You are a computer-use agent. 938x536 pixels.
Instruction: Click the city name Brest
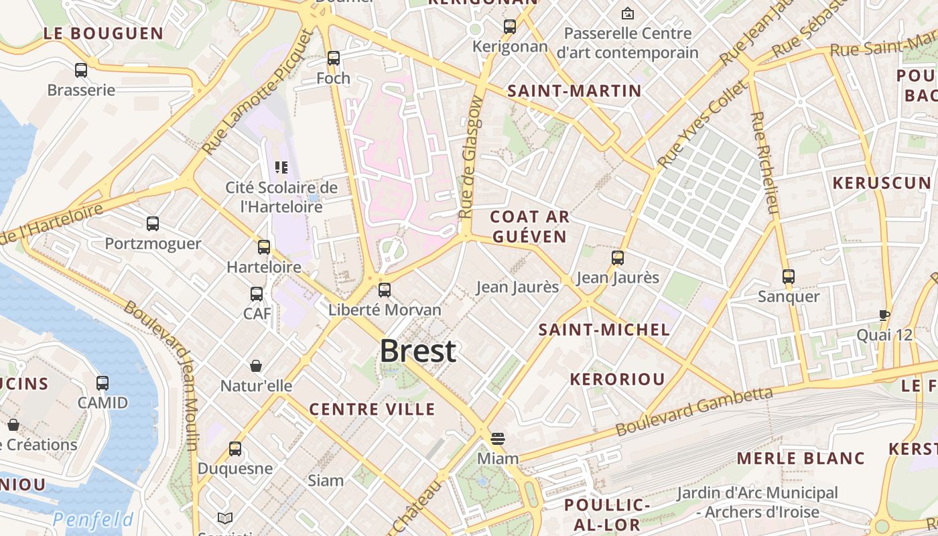pos(418,351)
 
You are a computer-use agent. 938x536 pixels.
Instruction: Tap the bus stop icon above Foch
pos(334,58)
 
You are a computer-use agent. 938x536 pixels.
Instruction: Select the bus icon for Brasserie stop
pos(81,70)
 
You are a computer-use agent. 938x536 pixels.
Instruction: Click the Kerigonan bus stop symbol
pos(510,27)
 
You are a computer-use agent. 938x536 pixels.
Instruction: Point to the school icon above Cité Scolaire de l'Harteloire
pos(281,167)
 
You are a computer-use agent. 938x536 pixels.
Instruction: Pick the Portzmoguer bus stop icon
pos(153,224)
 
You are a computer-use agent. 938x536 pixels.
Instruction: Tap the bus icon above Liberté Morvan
pos(385,290)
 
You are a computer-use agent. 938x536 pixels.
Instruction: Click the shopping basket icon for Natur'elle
pos(256,366)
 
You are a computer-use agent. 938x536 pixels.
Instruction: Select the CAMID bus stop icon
pos(103,383)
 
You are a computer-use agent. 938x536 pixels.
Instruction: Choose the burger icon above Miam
pos(497,439)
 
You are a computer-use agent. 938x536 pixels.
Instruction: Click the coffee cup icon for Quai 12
pos(884,315)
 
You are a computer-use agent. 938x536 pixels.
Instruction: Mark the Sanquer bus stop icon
pos(789,276)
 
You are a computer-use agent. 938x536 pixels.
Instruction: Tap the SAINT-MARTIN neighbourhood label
pos(574,91)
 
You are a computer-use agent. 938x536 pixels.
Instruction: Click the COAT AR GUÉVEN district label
pos(529,226)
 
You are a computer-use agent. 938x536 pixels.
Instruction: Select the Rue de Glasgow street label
pos(472,158)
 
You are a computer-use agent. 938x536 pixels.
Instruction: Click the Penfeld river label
pos(93,519)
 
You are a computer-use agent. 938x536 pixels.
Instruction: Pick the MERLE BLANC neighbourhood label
pos(801,458)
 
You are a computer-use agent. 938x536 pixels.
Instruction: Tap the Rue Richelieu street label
pos(764,162)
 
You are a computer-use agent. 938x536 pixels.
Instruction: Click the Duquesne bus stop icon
pos(235,449)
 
